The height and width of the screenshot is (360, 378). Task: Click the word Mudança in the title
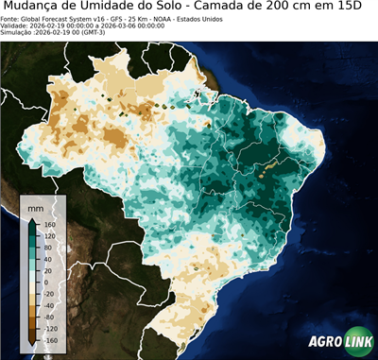click(35, 7)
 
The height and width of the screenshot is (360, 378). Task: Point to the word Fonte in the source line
click(9, 18)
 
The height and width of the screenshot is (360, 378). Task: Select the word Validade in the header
click(14, 26)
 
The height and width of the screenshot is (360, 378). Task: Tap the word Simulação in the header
click(17, 33)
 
